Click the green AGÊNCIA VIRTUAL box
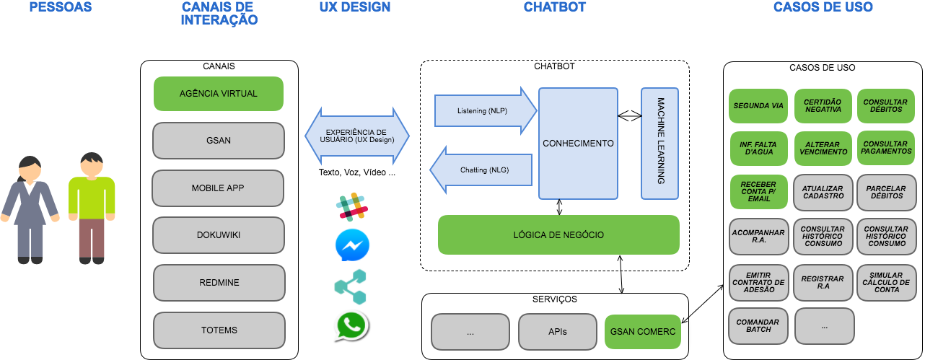[x=219, y=94]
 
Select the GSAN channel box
[x=219, y=140]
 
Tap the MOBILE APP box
[x=218, y=188]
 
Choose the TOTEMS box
[x=219, y=330]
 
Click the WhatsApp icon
[x=351, y=326]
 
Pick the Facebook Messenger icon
[x=353, y=243]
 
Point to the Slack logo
[x=351, y=206]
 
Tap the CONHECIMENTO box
[x=578, y=144]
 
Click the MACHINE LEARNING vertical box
[x=660, y=144]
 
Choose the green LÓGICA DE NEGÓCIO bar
[x=558, y=234]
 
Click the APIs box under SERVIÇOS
[x=557, y=332]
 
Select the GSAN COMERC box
[x=642, y=332]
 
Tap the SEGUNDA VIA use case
[x=758, y=106]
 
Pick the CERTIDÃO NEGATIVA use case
[x=823, y=106]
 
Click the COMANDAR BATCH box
[x=758, y=325]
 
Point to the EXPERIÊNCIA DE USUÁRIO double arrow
[x=356, y=135]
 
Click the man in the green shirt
[x=92, y=206]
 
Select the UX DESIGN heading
[x=354, y=7]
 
